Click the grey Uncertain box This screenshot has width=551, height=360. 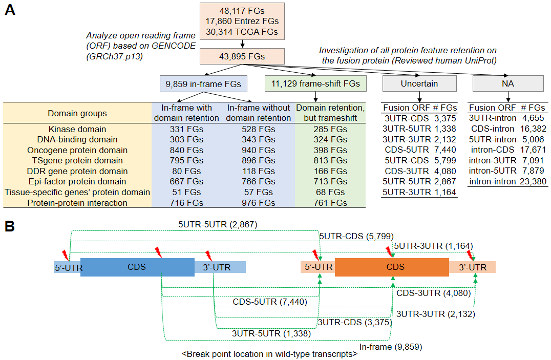tap(419, 83)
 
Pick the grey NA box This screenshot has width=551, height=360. tap(508, 83)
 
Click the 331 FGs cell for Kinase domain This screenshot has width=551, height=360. tap(186, 129)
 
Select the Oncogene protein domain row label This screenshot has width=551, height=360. tap(77, 150)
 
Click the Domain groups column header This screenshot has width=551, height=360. tap(77, 113)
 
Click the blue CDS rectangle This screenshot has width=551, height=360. tap(137, 267)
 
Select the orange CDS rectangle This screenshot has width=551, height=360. tap(392, 267)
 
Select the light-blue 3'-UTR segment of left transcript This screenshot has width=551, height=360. tap(220, 267)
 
